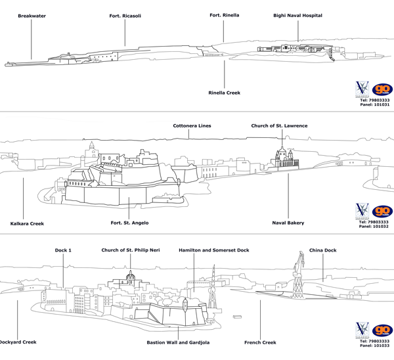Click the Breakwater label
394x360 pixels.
(x=32, y=15)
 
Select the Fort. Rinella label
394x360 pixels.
(x=224, y=14)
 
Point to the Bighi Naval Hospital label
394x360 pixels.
(x=297, y=15)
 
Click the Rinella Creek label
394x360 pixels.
(x=224, y=93)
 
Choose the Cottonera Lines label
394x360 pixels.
(x=192, y=125)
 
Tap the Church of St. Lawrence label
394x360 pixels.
(x=279, y=125)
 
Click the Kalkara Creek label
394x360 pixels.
(x=27, y=223)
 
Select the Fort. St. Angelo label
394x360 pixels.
(x=129, y=223)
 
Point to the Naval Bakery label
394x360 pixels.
(x=288, y=223)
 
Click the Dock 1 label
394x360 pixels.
(x=64, y=250)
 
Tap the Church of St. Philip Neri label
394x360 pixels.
(x=130, y=250)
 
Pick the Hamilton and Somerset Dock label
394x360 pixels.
(x=214, y=250)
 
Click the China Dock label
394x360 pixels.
(x=322, y=250)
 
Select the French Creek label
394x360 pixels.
(x=260, y=342)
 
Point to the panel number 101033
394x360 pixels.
(x=375, y=346)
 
